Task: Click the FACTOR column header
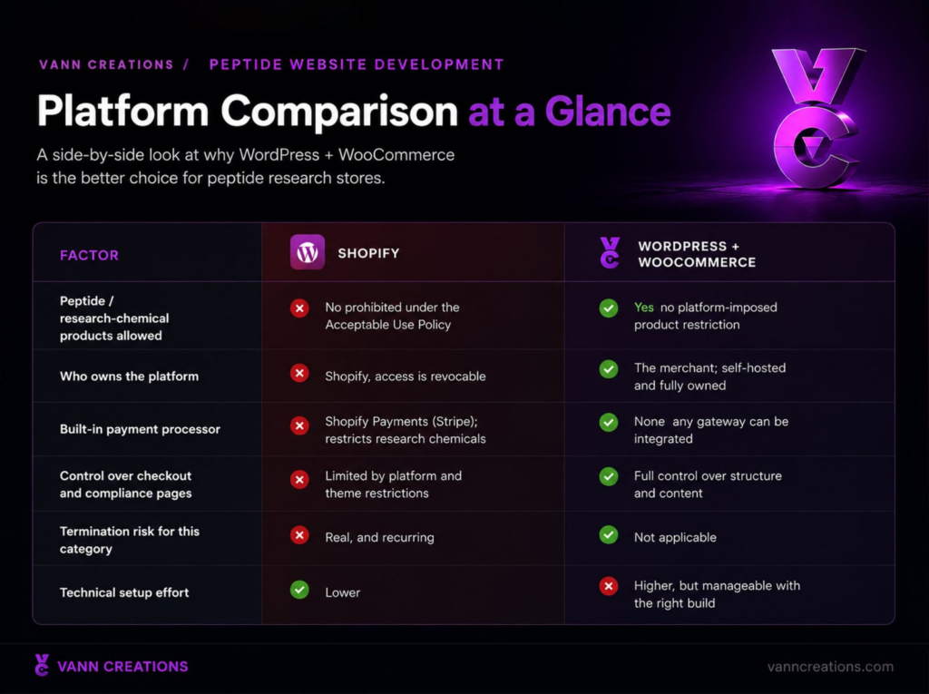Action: pyautogui.click(x=89, y=255)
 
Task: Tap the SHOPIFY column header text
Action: pyautogui.click(x=368, y=253)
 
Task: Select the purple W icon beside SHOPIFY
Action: pyautogui.click(x=307, y=252)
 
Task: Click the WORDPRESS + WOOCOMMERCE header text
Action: pyautogui.click(x=697, y=254)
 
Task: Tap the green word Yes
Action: pyautogui.click(x=643, y=307)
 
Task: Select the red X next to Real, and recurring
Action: pyautogui.click(x=299, y=535)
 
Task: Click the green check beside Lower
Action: pyautogui.click(x=299, y=590)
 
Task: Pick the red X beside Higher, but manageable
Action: pyautogui.click(x=609, y=586)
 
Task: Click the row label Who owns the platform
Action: pyautogui.click(x=129, y=376)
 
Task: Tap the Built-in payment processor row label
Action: pyautogui.click(x=140, y=429)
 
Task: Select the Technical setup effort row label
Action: pyautogui.click(x=124, y=592)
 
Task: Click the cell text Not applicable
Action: pyautogui.click(x=675, y=538)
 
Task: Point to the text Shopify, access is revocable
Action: pyautogui.click(x=406, y=376)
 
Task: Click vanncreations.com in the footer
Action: pyautogui.click(x=830, y=667)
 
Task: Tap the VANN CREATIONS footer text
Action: pyautogui.click(x=122, y=667)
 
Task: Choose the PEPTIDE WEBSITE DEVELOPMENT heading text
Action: pyautogui.click(x=356, y=64)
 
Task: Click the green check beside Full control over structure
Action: pyautogui.click(x=609, y=476)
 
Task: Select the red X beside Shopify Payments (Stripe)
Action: pyautogui.click(x=299, y=425)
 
